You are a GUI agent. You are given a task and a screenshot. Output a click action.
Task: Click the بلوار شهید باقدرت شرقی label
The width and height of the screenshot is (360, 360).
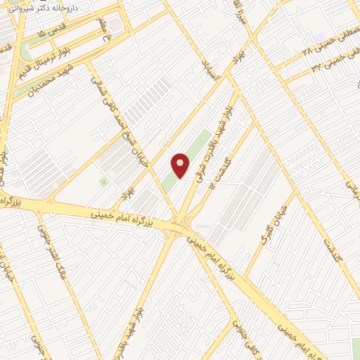point(219,137)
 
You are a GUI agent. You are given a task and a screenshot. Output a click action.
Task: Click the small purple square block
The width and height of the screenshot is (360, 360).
point(320,36)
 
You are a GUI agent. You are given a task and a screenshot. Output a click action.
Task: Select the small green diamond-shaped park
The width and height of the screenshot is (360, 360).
point(104,181)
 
